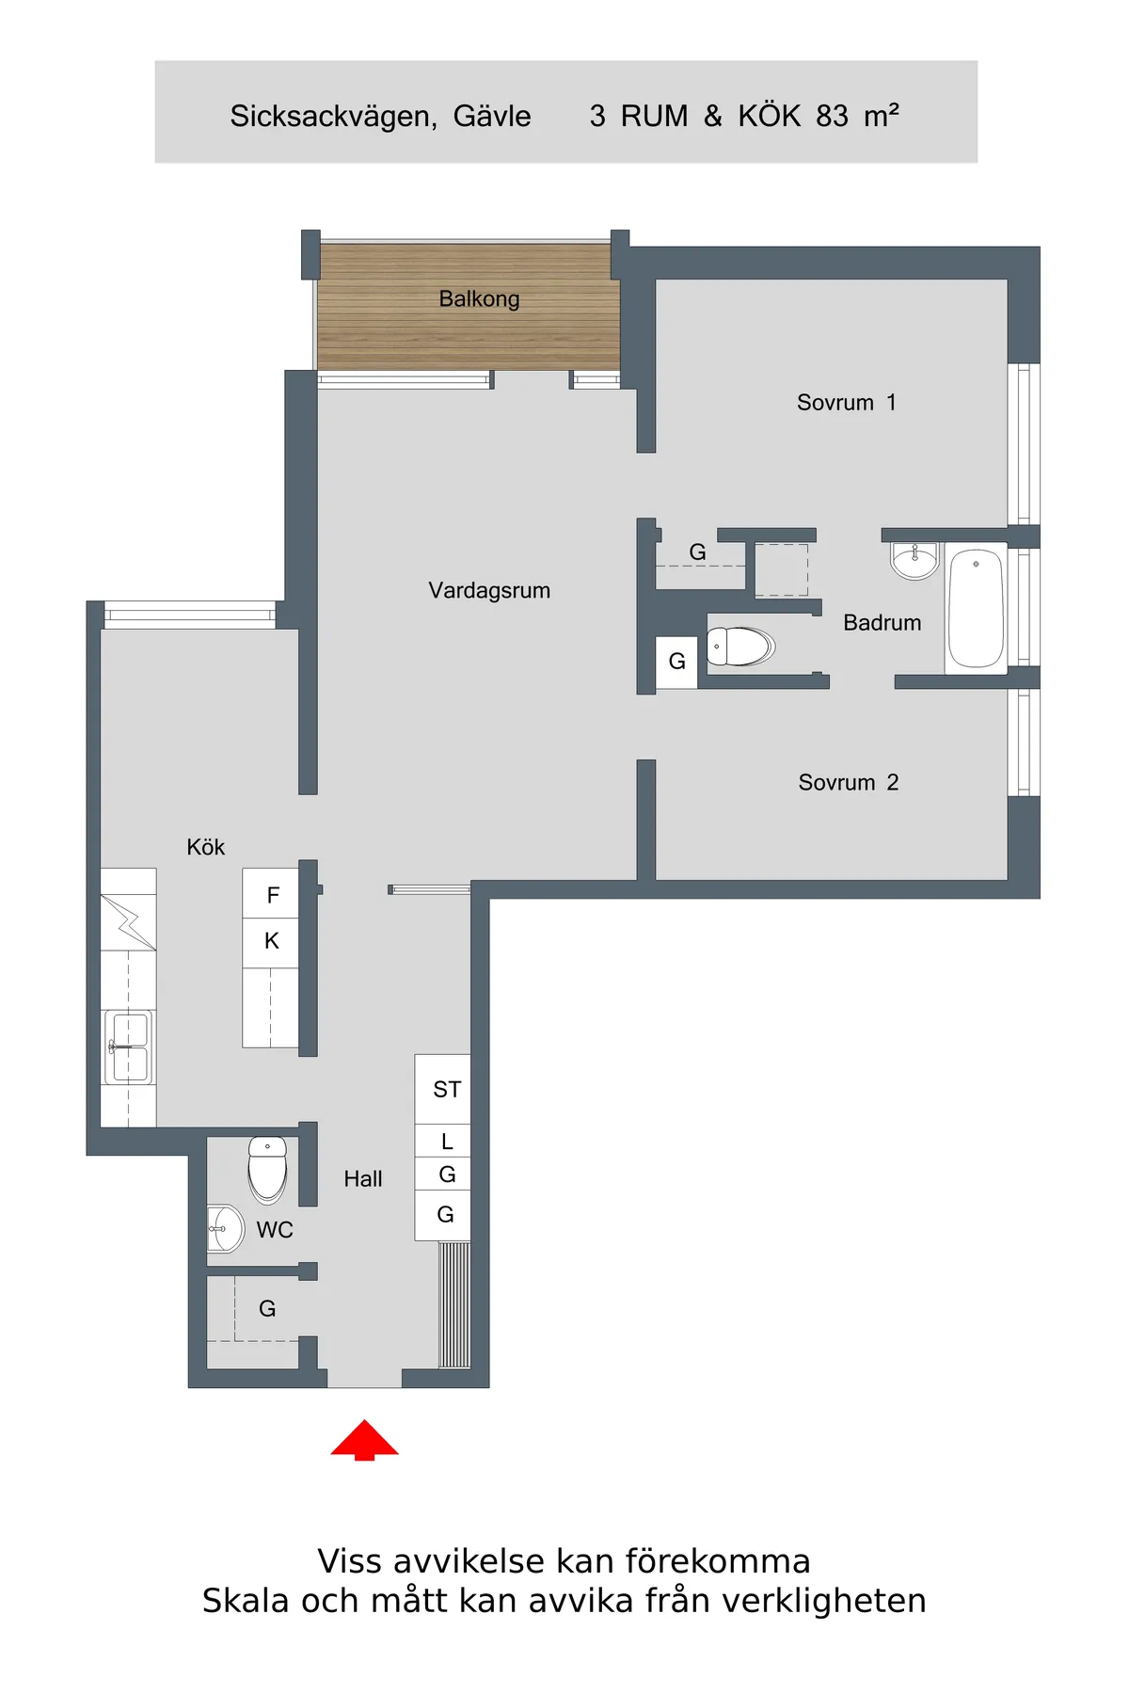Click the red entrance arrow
pos(365,1440)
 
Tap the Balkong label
pos(479,299)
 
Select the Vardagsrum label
pos(489,591)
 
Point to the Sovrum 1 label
pos(847,403)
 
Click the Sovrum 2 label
pos(849,783)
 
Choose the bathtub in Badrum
pos(976,609)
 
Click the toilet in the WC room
pos(268,1169)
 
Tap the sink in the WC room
pos(226,1229)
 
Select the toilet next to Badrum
pos(740,647)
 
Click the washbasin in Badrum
pos(914,561)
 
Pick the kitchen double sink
pos(129,1047)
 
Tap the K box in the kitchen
pos(271,942)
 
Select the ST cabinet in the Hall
pos(443,1089)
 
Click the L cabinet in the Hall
pos(443,1141)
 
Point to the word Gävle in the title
pos(492,116)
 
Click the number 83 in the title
pos(833,116)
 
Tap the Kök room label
pos(206,847)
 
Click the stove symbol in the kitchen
pos(129,922)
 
